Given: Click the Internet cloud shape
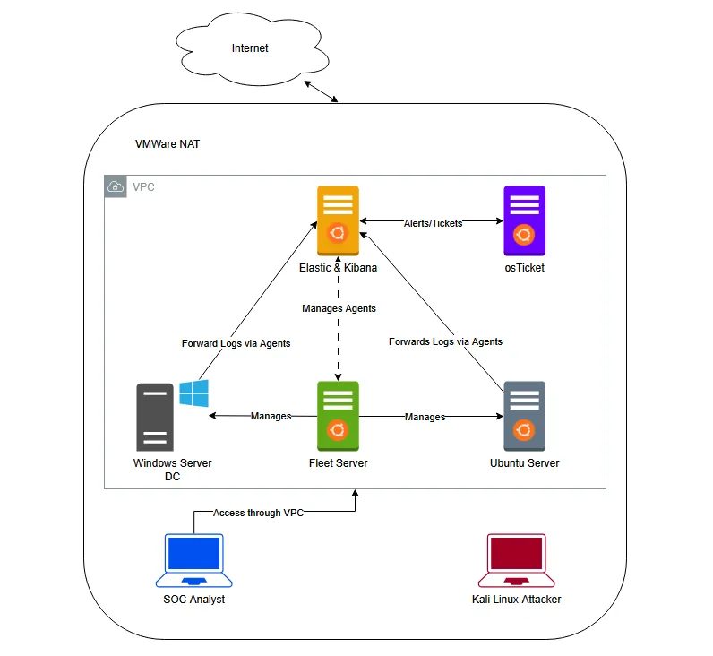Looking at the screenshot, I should pyautogui.click(x=250, y=49).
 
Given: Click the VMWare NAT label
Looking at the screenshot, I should pyautogui.click(x=168, y=143).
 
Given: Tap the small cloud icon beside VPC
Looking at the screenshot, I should pyautogui.click(x=116, y=186).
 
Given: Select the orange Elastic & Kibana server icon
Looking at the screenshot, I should pyautogui.click(x=338, y=220).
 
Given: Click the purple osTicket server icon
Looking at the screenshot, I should pyautogui.click(x=524, y=220).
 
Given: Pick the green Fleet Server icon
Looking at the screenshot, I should pyautogui.click(x=338, y=416).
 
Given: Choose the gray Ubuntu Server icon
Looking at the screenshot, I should pyautogui.click(x=524, y=416).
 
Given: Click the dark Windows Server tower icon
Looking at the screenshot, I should pyautogui.click(x=154, y=417).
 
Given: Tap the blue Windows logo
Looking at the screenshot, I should pyautogui.click(x=193, y=393).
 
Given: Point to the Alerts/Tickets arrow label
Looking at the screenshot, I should pyautogui.click(x=433, y=223).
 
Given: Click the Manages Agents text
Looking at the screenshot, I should pyautogui.click(x=339, y=308).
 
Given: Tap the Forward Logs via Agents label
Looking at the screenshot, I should pyautogui.click(x=236, y=343).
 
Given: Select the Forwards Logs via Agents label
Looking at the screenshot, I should pyautogui.click(x=445, y=341).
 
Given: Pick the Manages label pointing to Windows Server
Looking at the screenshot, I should pyautogui.click(x=271, y=417).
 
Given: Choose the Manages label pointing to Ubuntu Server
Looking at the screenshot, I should pyautogui.click(x=425, y=417).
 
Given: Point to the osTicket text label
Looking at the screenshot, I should pyautogui.click(x=524, y=267).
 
